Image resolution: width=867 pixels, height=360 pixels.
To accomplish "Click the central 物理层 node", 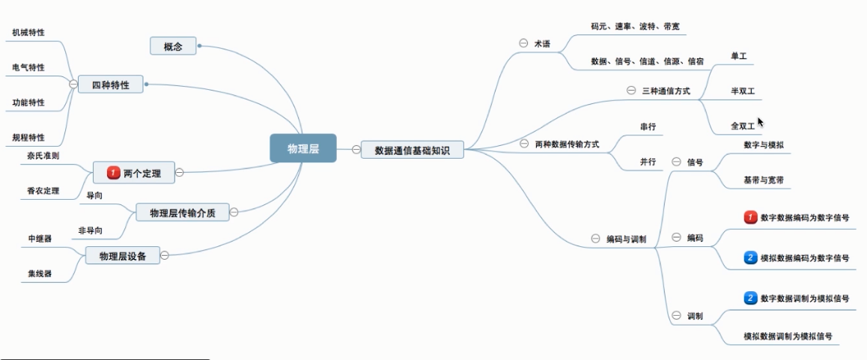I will (302, 148).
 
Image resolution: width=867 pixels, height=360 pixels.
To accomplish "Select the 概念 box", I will (173, 47).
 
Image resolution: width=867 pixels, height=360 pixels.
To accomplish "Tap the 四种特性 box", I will (110, 85).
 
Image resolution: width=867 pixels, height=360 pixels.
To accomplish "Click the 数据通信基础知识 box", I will (413, 149).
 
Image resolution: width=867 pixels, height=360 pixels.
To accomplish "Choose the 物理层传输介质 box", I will (182, 213).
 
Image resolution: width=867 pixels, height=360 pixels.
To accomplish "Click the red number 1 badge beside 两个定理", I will (114, 173).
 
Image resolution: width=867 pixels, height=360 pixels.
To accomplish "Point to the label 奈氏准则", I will (43, 156).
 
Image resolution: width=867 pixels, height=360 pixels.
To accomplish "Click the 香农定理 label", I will (43, 191).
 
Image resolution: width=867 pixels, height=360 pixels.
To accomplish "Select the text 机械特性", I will (28, 33).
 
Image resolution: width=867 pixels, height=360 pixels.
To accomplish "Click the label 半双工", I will (743, 91).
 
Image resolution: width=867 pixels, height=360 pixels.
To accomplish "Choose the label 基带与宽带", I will (763, 180).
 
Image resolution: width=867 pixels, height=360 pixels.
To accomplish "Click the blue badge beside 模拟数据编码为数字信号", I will (750, 258).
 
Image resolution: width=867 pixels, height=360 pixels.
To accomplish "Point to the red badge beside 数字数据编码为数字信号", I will (750, 218).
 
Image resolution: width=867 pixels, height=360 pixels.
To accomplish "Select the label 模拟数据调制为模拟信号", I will (788, 337).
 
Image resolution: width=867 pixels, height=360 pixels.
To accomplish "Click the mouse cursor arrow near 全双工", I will (761, 122).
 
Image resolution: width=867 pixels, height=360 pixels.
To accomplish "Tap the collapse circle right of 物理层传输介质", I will (234, 213).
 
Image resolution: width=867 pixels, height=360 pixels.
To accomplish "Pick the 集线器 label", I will (40, 274).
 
